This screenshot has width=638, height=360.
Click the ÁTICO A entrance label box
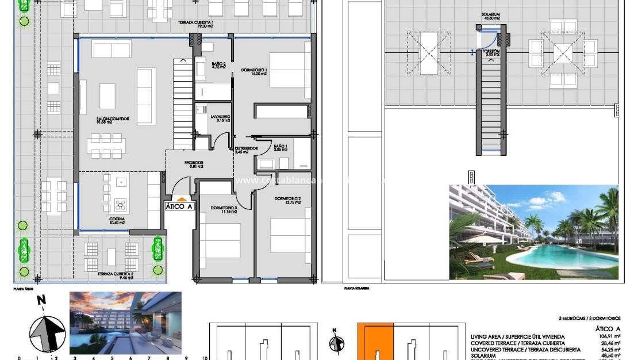click(179, 206)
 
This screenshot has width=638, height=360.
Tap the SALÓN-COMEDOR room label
click(113, 120)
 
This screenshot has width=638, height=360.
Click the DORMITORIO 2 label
click(288, 200)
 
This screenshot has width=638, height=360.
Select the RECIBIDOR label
click(194, 164)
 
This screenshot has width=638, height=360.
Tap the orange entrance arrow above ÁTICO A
click(179, 198)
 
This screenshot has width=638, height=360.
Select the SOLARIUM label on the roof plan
click(491, 17)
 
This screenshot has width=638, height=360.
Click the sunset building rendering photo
click(125, 322)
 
